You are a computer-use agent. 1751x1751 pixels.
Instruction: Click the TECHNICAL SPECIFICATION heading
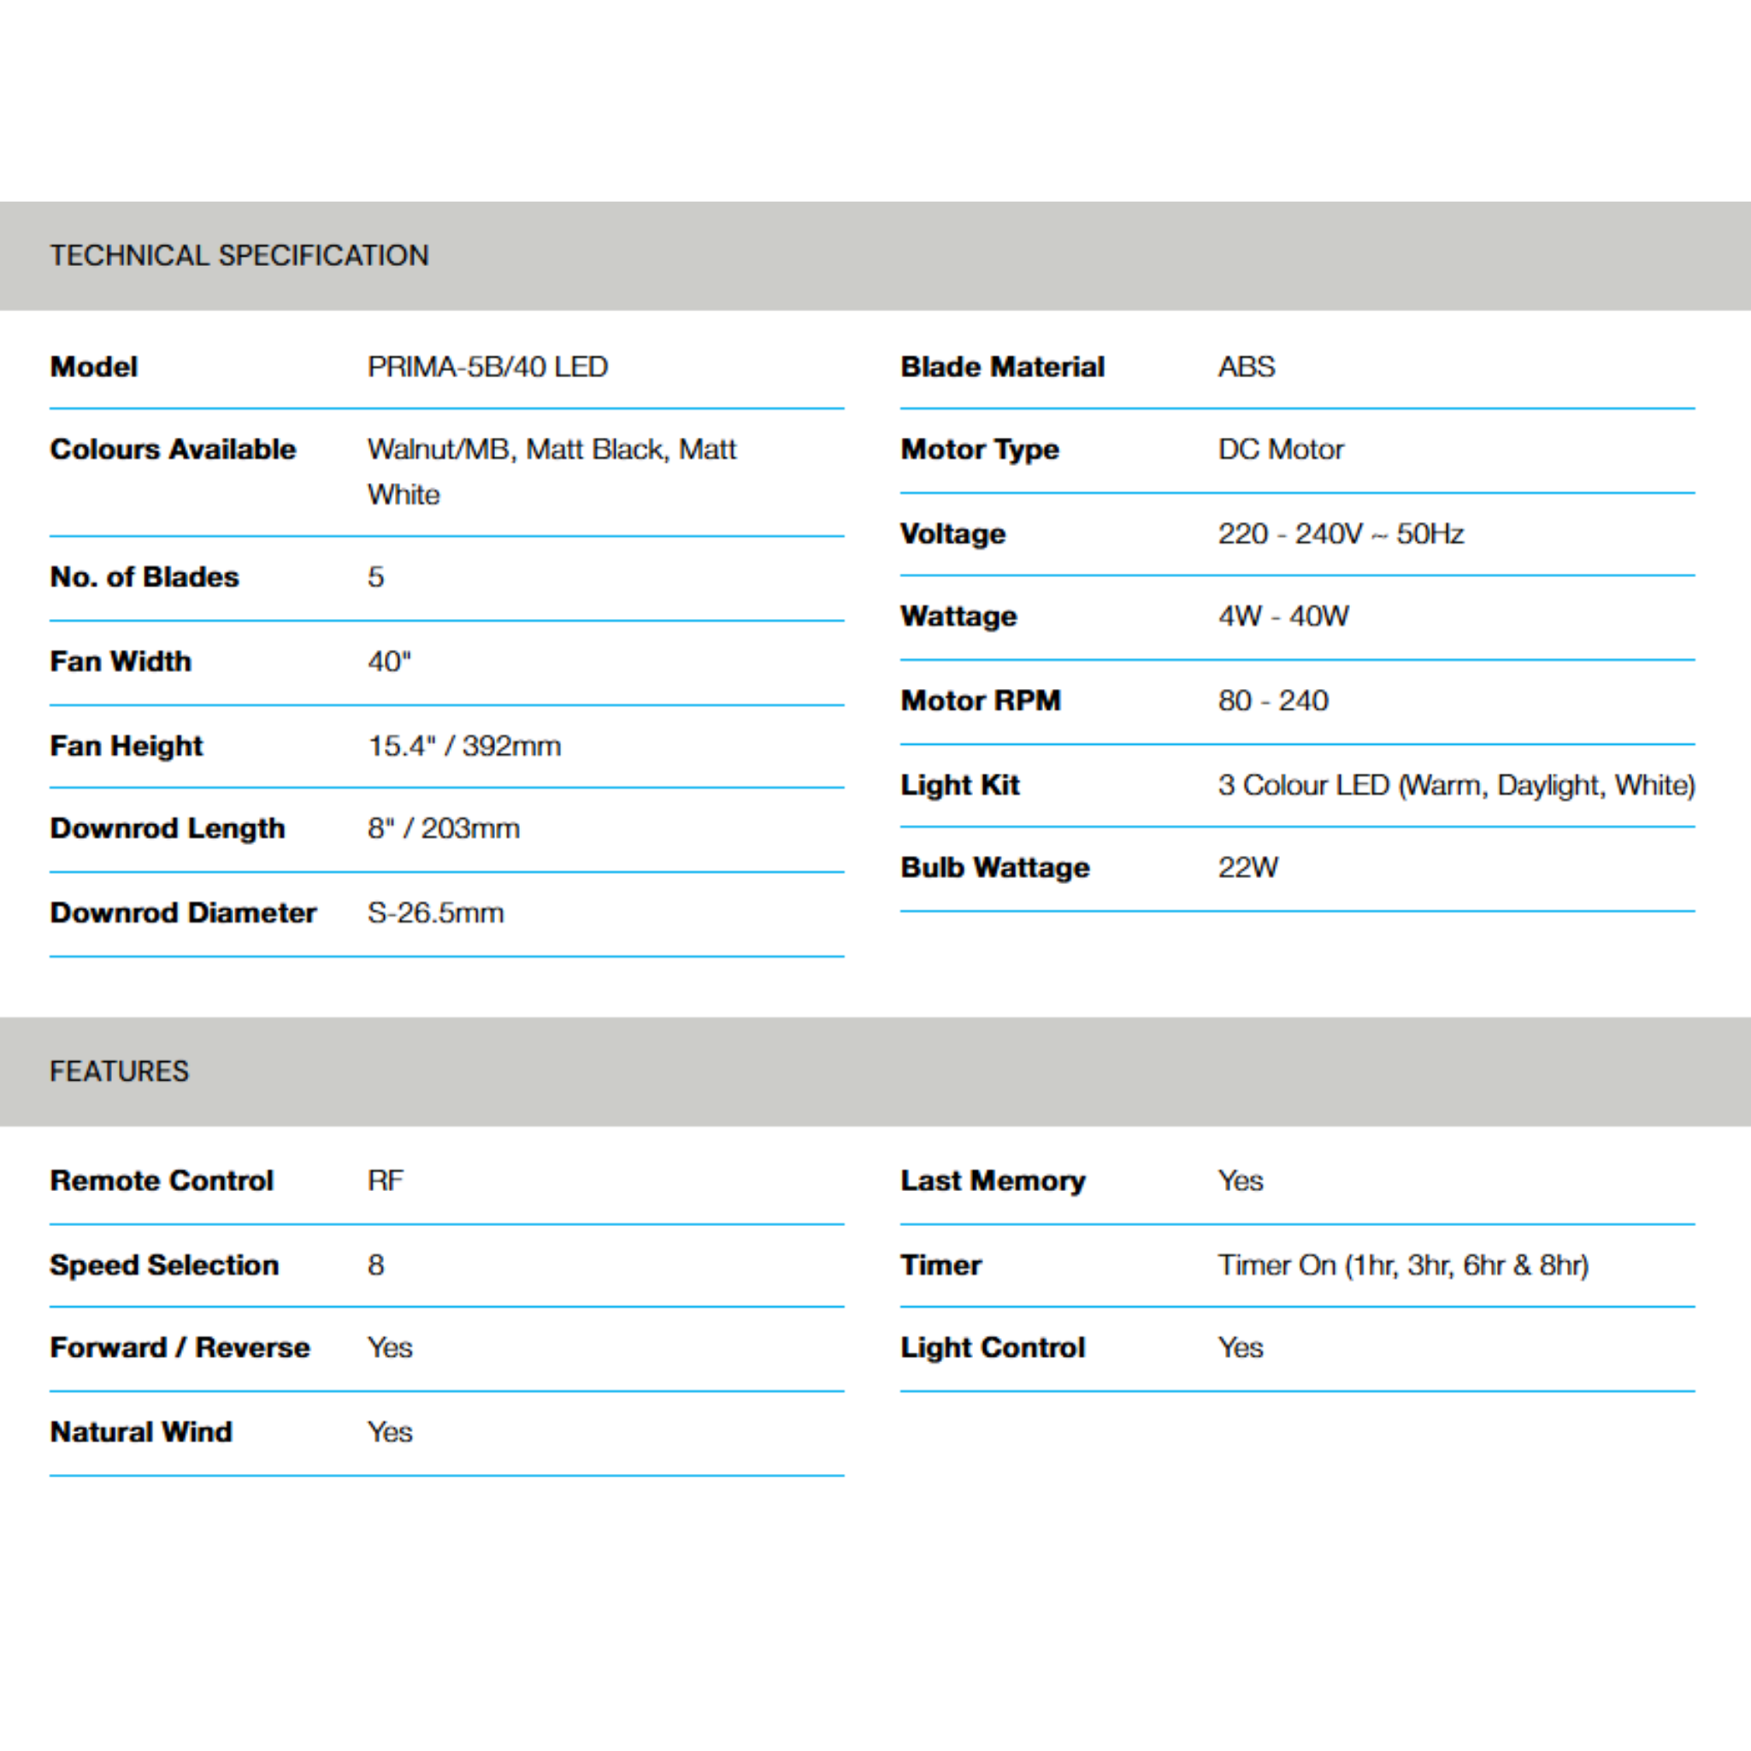(239, 256)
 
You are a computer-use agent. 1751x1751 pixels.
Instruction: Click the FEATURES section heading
(120, 1071)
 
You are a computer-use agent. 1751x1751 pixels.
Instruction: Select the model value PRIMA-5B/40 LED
(487, 367)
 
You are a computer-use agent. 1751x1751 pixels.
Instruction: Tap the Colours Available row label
(173, 450)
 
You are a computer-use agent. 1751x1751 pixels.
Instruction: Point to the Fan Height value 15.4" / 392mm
(464, 746)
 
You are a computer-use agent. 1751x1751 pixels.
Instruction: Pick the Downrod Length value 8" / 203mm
(443, 828)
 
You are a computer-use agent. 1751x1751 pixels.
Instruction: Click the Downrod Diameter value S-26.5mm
(435, 912)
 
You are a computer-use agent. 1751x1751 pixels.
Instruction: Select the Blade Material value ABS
(1247, 367)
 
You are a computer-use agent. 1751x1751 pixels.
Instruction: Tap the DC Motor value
(1281, 450)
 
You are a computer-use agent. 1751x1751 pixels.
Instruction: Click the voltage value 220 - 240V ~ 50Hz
(1341, 534)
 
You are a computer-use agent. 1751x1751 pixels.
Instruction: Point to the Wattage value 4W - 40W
(1283, 616)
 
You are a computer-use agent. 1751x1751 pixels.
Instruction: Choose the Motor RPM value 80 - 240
(1272, 700)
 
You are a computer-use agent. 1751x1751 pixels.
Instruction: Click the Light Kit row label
(960, 785)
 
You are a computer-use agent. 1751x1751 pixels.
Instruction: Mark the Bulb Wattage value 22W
(1248, 867)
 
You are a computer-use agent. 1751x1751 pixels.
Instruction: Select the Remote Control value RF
(386, 1181)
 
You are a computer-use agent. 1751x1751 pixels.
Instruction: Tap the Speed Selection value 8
(376, 1265)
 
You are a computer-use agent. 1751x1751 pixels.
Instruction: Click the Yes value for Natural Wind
(390, 1432)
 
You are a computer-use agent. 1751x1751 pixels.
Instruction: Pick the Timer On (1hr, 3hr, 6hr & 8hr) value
(1403, 1265)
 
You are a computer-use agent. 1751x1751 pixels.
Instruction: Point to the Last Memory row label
(993, 1181)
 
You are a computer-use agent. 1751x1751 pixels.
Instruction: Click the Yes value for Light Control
(1240, 1347)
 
